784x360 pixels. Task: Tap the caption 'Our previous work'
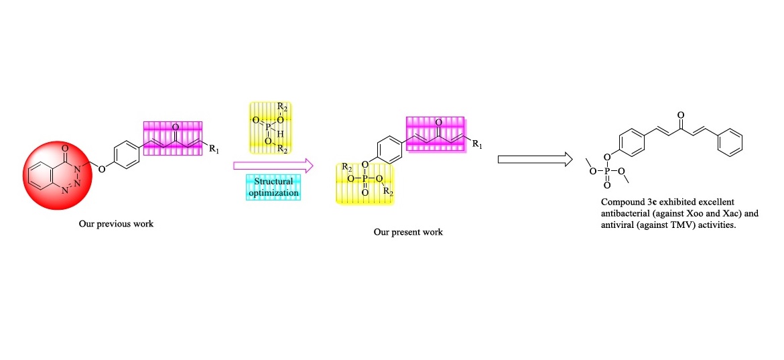[116, 224]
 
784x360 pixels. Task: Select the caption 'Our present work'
[408, 233]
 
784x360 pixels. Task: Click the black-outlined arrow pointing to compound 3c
[534, 159]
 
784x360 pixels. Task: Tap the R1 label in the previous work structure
[213, 149]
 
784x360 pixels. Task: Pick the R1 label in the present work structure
[476, 143]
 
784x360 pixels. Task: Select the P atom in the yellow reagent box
[267, 126]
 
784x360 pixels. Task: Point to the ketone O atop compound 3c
[681, 116]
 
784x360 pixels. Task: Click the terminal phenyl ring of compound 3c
[733, 142]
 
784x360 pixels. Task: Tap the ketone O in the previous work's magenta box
[175, 126]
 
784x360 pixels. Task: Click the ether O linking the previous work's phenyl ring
[101, 169]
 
